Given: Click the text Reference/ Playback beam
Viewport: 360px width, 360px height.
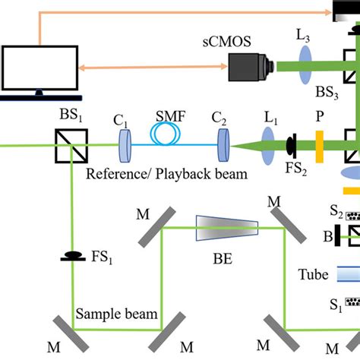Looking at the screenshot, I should pos(166,174).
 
